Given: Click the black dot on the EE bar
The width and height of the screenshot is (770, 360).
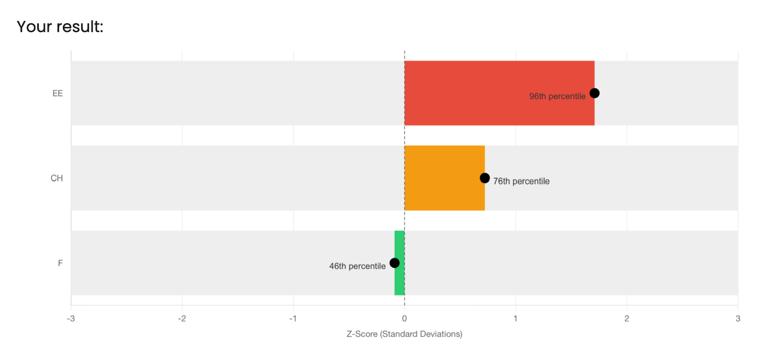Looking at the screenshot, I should click(594, 93).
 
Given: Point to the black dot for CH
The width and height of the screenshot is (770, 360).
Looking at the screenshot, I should click(485, 178).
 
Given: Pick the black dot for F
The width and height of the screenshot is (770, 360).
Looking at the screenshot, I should click(394, 263).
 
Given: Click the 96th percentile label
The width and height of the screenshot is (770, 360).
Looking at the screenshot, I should click(557, 96).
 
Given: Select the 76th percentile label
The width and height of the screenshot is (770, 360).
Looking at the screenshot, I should click(521, 181).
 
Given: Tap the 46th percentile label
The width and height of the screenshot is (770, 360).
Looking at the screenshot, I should click(357, 266).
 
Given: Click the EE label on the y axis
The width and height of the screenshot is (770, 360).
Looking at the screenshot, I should click(57, 94).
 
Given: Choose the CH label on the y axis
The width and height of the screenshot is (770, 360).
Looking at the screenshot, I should click(57, 178).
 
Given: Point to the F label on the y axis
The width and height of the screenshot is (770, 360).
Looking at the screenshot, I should click(60, 263).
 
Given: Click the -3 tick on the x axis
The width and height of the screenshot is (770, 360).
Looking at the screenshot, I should click(71, 319).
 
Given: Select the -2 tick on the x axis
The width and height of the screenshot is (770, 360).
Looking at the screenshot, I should click(182, 319).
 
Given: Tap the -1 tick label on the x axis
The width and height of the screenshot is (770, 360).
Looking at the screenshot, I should click(293, 319).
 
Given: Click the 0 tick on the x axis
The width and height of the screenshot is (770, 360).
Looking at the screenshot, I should click(404, 319).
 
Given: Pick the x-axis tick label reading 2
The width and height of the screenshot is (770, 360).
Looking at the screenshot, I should click(626, 319).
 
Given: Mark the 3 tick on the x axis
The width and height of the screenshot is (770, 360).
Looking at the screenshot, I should click(738, 319).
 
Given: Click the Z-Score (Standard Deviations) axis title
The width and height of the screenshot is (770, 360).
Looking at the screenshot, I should click(404, 334).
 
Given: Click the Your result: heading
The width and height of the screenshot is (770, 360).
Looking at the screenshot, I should click(60, 27).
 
